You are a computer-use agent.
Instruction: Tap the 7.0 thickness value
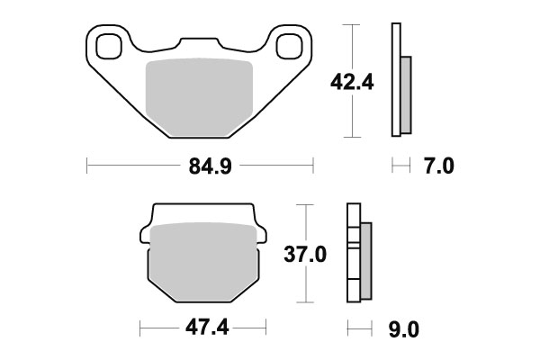tap(439, 166)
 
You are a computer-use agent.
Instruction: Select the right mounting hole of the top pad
tap(291, 45)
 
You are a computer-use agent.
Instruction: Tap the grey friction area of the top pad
tap(199, 94)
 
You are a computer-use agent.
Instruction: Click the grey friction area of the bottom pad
tap(202, 261)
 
